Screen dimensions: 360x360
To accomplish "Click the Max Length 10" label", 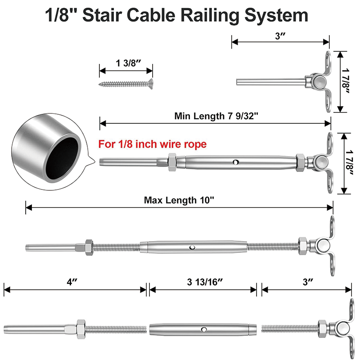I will [179, 200].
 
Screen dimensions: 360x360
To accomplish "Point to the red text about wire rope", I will [152, 144].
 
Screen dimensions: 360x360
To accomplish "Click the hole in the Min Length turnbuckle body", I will [236, 162].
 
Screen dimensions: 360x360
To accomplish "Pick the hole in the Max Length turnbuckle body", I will [192, 247].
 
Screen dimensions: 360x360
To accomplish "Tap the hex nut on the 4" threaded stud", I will [81, 326].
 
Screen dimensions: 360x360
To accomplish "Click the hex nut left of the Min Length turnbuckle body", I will [172, 161].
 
